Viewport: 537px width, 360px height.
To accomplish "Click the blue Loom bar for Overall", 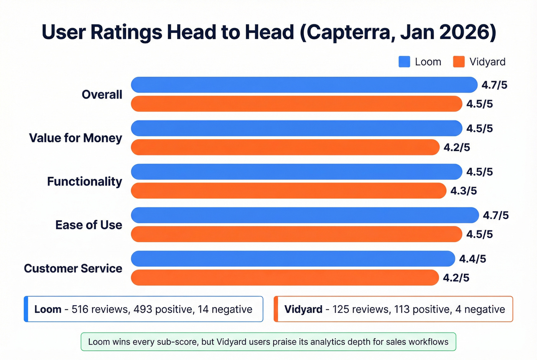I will pos(304,85).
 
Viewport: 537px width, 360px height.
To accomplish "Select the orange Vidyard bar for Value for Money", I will pos(285,147).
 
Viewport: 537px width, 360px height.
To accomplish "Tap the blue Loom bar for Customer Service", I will pos(293,259).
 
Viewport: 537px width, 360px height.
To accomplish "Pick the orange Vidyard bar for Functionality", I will pos(288,191).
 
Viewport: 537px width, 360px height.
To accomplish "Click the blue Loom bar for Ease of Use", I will pos(305,215).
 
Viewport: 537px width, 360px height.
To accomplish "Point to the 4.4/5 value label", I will pos(473,259).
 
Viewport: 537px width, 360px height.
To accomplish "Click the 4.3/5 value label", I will pos(463,191).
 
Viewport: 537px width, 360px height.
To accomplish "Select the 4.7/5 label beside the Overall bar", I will pos(494,85).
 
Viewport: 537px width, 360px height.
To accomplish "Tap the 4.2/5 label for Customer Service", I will pos(456,278).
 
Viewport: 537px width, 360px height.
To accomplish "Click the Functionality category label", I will pos(84,181).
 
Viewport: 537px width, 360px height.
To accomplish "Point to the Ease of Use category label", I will pos(89,225).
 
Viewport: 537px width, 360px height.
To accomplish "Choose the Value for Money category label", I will pos(76,138).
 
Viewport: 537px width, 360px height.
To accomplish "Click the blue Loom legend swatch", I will pos(404,62).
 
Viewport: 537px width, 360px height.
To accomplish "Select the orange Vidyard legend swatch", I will pos(459,62).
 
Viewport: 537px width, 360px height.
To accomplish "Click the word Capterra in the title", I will pos(351,32).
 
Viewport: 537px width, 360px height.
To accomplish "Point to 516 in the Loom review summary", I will pos(80,309).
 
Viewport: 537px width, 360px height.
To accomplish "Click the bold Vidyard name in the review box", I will pos(303,309).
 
